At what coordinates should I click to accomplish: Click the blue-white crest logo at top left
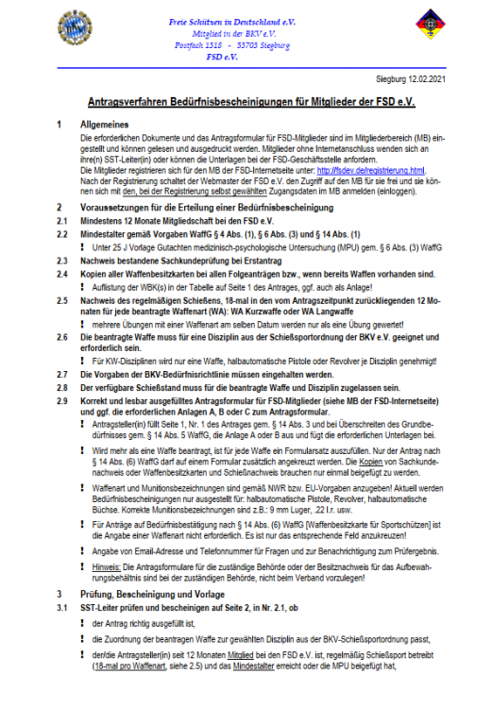tap(74, 27)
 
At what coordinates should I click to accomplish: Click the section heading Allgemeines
tap(107, 125)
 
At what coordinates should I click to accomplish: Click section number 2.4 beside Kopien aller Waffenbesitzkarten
tap(61, 273)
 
